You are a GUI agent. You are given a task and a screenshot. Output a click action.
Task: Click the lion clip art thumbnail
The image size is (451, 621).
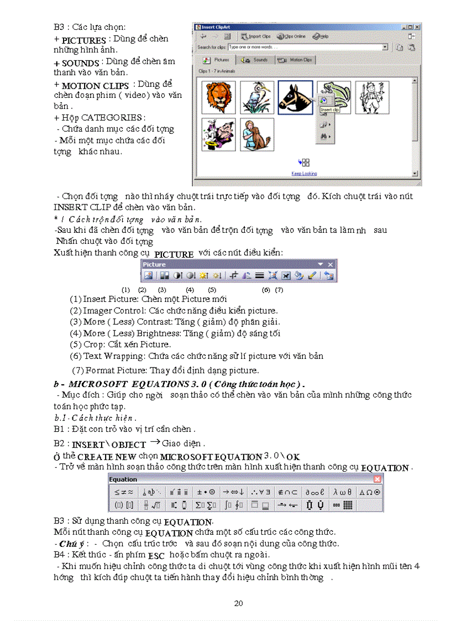218,98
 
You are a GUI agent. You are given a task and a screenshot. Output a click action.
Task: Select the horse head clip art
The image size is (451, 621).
295,98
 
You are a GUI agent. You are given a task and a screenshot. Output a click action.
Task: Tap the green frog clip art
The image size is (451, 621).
334,95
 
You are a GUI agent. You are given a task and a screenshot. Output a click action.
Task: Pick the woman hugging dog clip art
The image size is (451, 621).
257,134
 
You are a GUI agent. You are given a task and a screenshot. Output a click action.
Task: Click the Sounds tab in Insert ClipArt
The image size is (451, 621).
255,60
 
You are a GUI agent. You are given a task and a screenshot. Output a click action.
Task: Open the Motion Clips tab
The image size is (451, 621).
295,60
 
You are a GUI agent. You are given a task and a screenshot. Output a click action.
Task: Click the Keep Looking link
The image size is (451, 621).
304,174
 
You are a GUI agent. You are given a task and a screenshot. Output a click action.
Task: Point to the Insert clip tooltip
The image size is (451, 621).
329,110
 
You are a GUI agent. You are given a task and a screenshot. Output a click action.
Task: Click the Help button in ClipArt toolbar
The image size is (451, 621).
321,36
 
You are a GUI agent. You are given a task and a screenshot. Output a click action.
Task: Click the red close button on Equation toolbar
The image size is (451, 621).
377,479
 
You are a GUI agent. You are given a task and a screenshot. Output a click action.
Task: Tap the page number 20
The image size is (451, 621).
238,603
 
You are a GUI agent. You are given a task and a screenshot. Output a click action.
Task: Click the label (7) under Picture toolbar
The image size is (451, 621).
279,290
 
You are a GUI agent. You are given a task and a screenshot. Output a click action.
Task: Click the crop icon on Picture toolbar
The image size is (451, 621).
234,275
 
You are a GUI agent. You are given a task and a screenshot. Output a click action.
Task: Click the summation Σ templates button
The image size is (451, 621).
207,505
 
